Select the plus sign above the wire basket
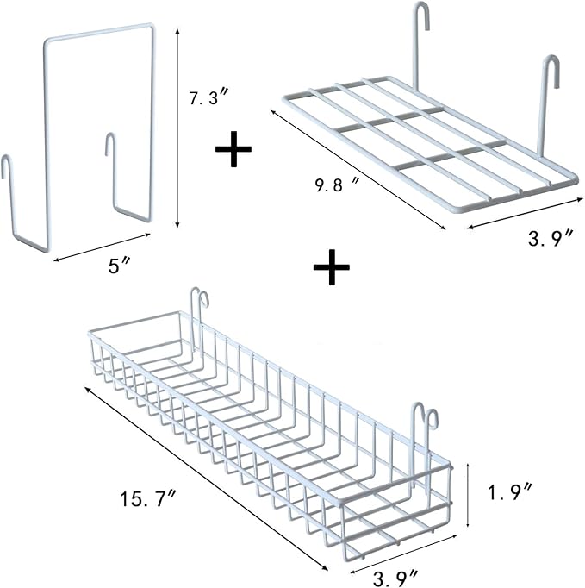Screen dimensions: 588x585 [331, 269]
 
